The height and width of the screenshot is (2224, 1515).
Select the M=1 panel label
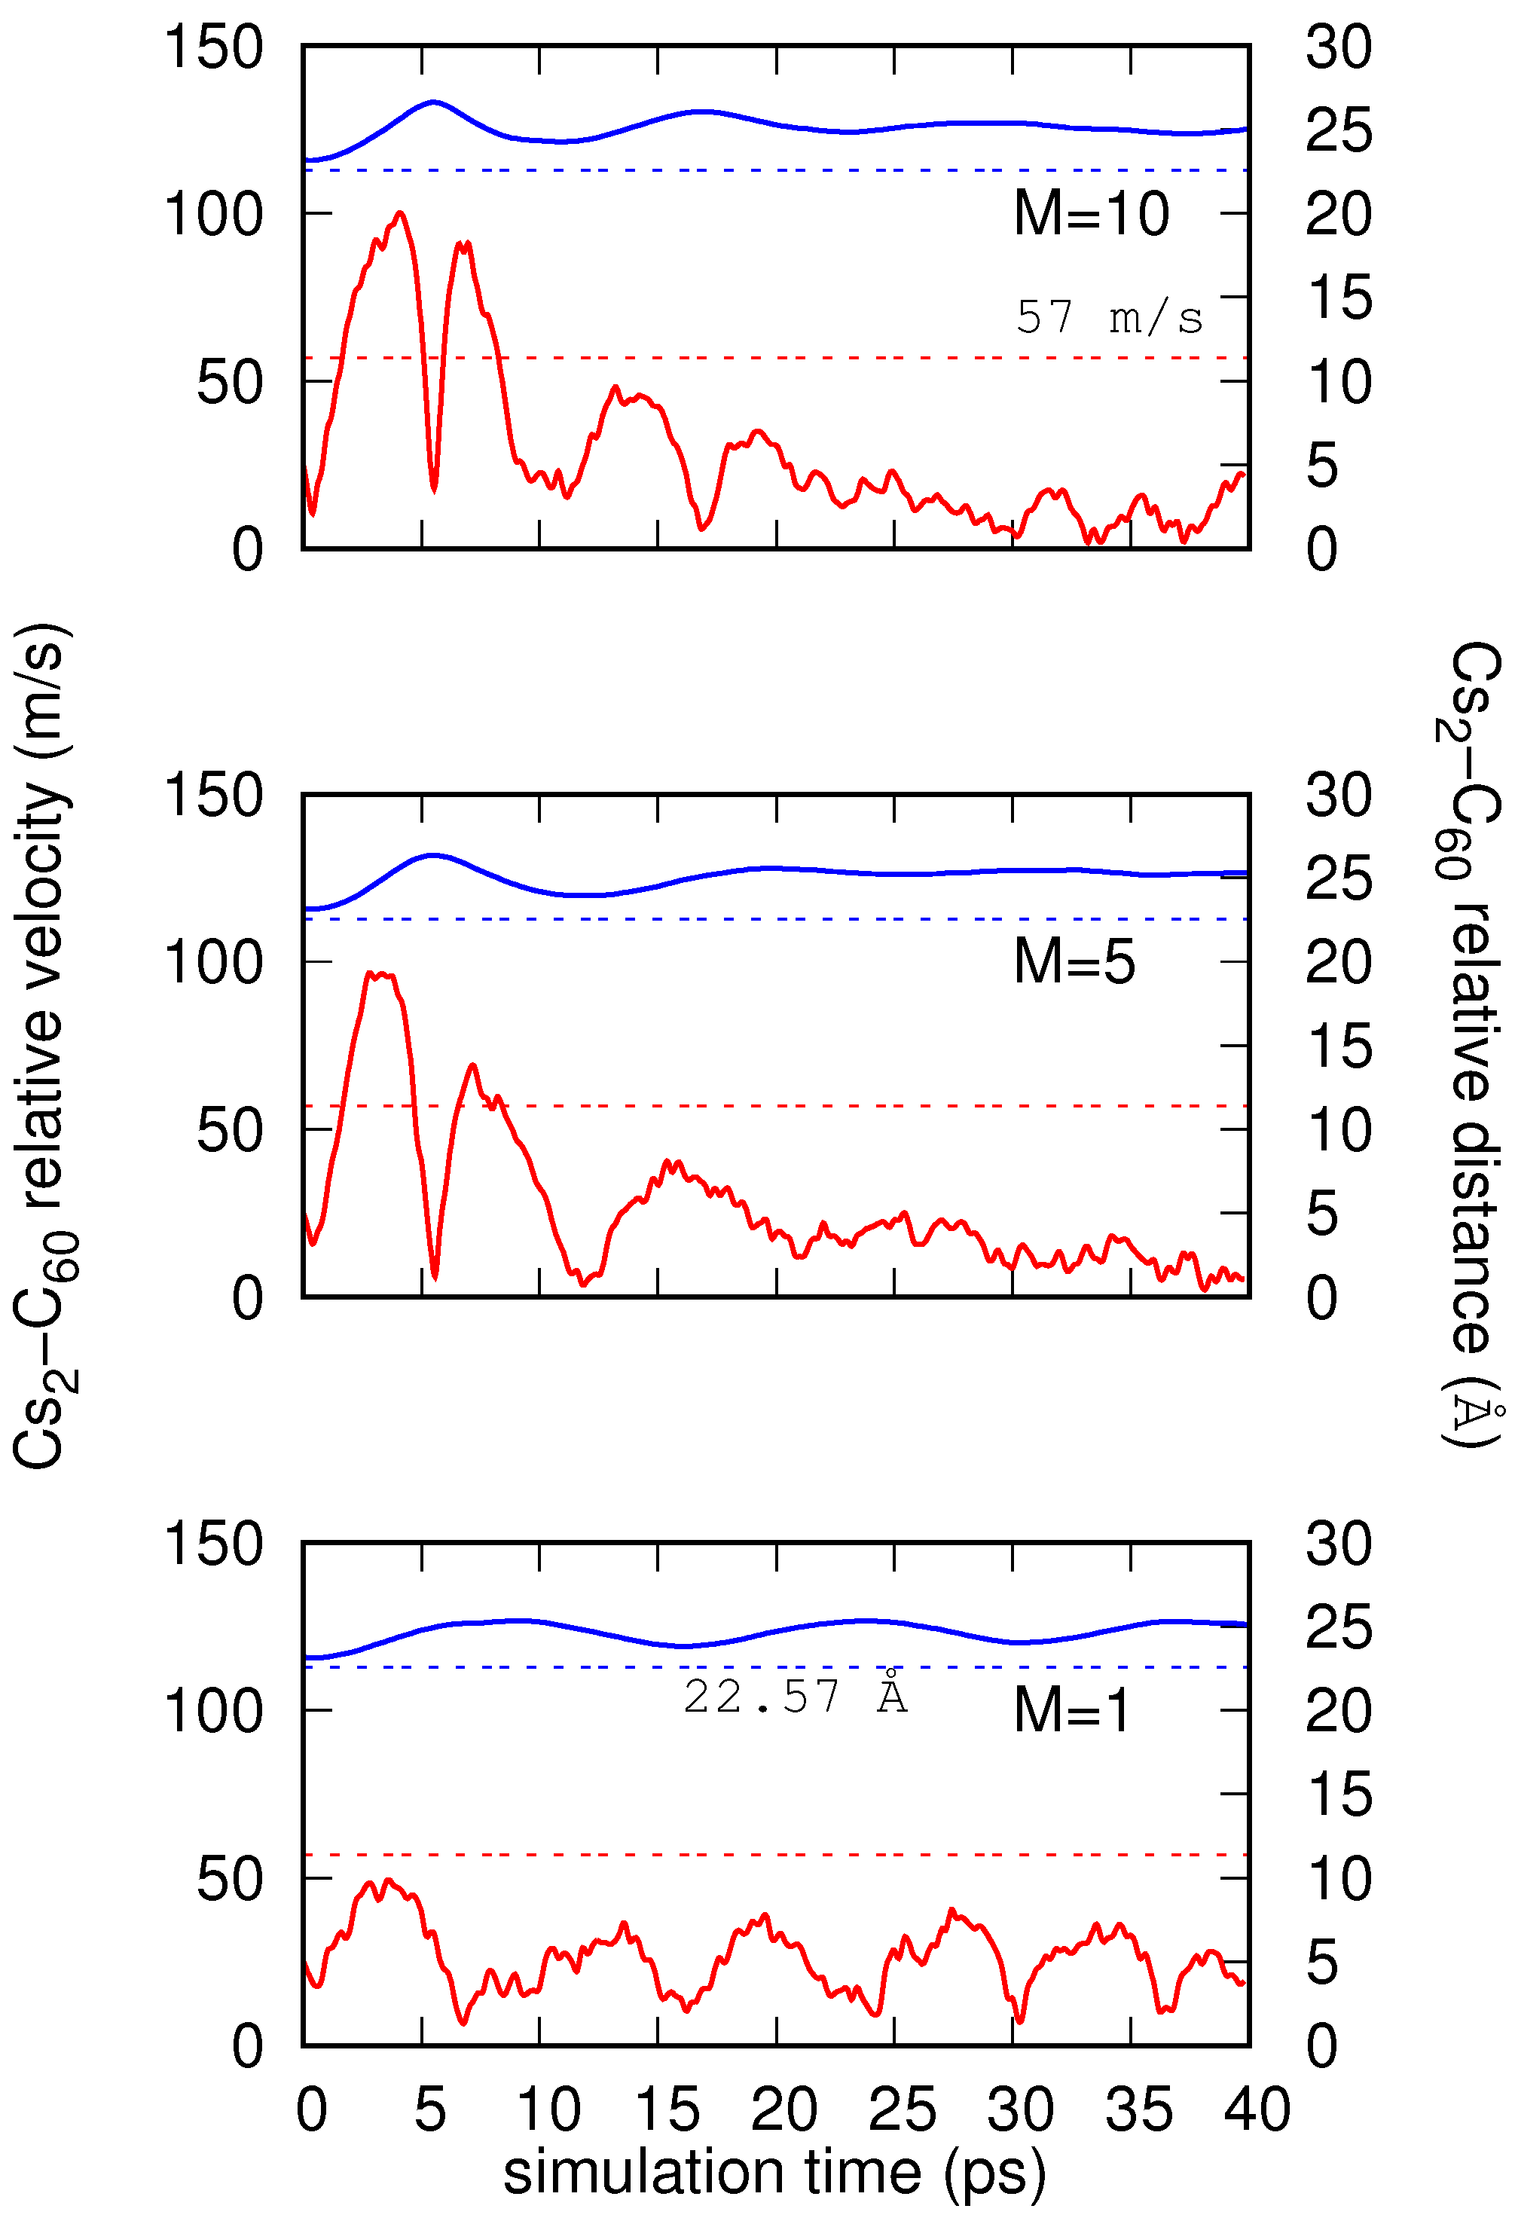tap(1071, 1710)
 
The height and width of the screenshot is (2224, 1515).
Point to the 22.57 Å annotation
tap(794, 1697)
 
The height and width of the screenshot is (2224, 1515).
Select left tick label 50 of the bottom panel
tap(229, 1878)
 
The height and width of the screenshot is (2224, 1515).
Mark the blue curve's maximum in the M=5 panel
tap(432, 854)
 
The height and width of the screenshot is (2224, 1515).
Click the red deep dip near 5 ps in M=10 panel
tap(433, 490)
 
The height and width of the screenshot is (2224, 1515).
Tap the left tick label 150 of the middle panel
tap(213, 794)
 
